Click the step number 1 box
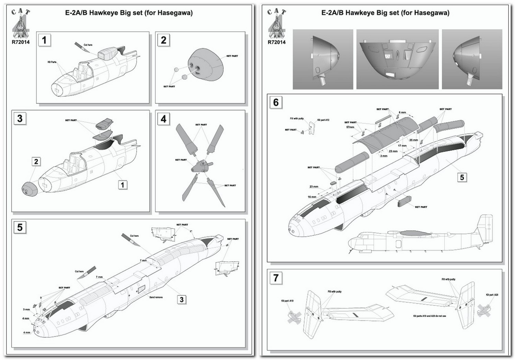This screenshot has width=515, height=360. click(44, 40)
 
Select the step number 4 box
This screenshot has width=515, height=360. click(163, 119)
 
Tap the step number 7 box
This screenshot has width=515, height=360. click(276, 278)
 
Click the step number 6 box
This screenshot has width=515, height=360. click(276, 102)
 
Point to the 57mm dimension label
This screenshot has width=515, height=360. click(350, 127)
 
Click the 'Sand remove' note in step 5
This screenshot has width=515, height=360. click(156, 297)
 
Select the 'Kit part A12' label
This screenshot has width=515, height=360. click(323, 120)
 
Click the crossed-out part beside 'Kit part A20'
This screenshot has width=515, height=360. click(484, 309)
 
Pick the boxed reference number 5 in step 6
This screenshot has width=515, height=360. click(462, 177)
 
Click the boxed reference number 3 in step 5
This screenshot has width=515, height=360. click(182, 300)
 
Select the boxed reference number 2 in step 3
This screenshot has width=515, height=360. click(36, 161)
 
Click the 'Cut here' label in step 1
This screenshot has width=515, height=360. click(88, 45)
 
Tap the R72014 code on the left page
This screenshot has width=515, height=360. click(21, 42)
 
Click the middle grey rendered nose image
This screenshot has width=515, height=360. click(397, 59)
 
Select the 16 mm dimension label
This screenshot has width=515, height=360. click(312, 197)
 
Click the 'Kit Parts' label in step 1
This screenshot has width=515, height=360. click(52, 62)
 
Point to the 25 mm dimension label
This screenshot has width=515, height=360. click(413, 140)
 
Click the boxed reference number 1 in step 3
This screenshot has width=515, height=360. click(122, 185)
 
